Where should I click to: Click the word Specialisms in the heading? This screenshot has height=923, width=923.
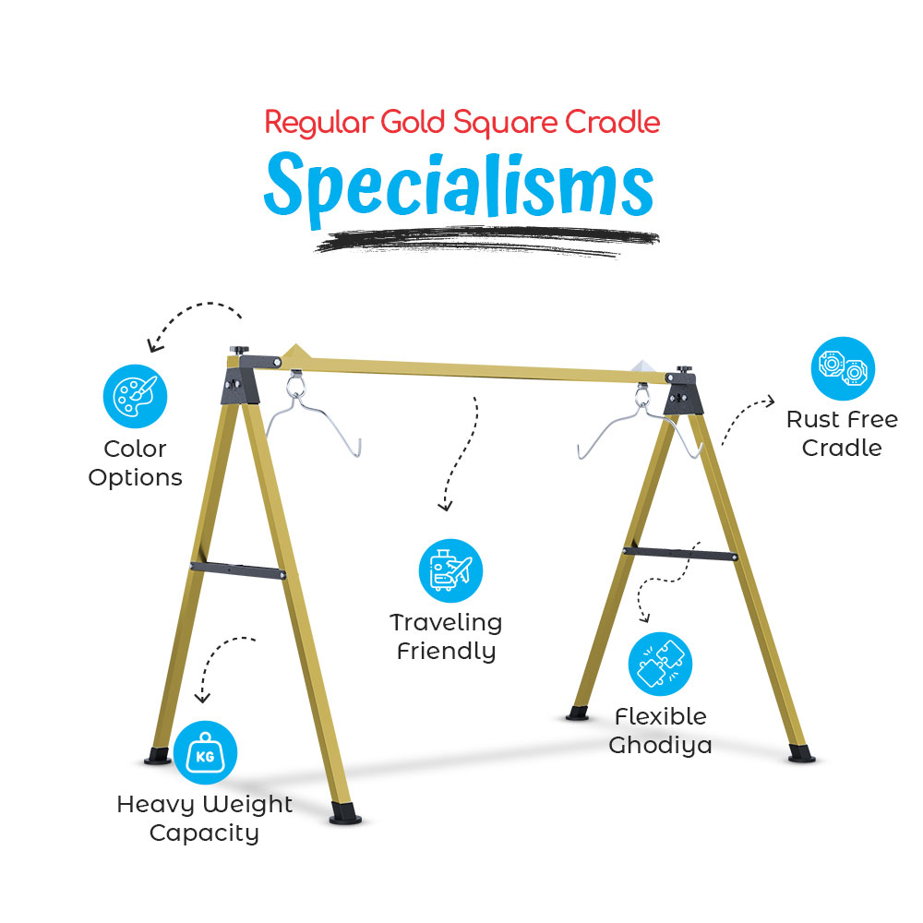pos(459,187)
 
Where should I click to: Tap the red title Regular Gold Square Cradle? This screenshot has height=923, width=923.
pos(462,123)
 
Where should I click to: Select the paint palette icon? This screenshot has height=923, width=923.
pos(136,396)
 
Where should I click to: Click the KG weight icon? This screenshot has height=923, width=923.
pos(206,752)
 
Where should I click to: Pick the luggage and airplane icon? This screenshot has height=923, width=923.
pos(451,570)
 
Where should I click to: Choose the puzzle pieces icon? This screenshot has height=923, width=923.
pos(661,664)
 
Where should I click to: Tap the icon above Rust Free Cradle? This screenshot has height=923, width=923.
pos(843,368)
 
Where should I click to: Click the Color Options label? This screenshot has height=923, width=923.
pos(136,463)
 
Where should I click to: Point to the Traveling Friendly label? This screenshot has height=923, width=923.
pos(446,637)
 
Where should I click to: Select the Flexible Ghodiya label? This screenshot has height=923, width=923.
pos(661,730)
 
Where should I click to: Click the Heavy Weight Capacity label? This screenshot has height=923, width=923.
pos(204,819)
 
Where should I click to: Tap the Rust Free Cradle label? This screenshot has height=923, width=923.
pos(843,434)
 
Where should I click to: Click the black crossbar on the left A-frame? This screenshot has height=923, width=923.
pos(238,570)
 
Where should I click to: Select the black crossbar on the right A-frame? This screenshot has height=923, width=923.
pos(680,553)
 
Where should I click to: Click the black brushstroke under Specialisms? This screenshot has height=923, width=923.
pos(487,241)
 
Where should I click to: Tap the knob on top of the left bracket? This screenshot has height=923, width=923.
pos(239,350)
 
